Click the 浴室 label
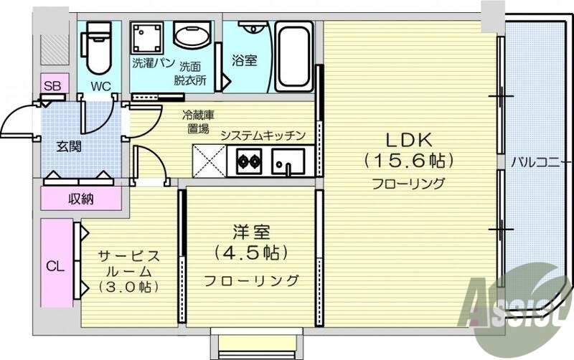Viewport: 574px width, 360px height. click(x=244, y=61)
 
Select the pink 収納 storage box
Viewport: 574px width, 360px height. click(x=81, y=199)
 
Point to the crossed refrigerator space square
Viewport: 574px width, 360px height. click(x=209, y=160)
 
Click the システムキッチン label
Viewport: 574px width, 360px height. click(x=263, y=136)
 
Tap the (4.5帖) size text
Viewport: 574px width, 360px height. click(x=250, y=252)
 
